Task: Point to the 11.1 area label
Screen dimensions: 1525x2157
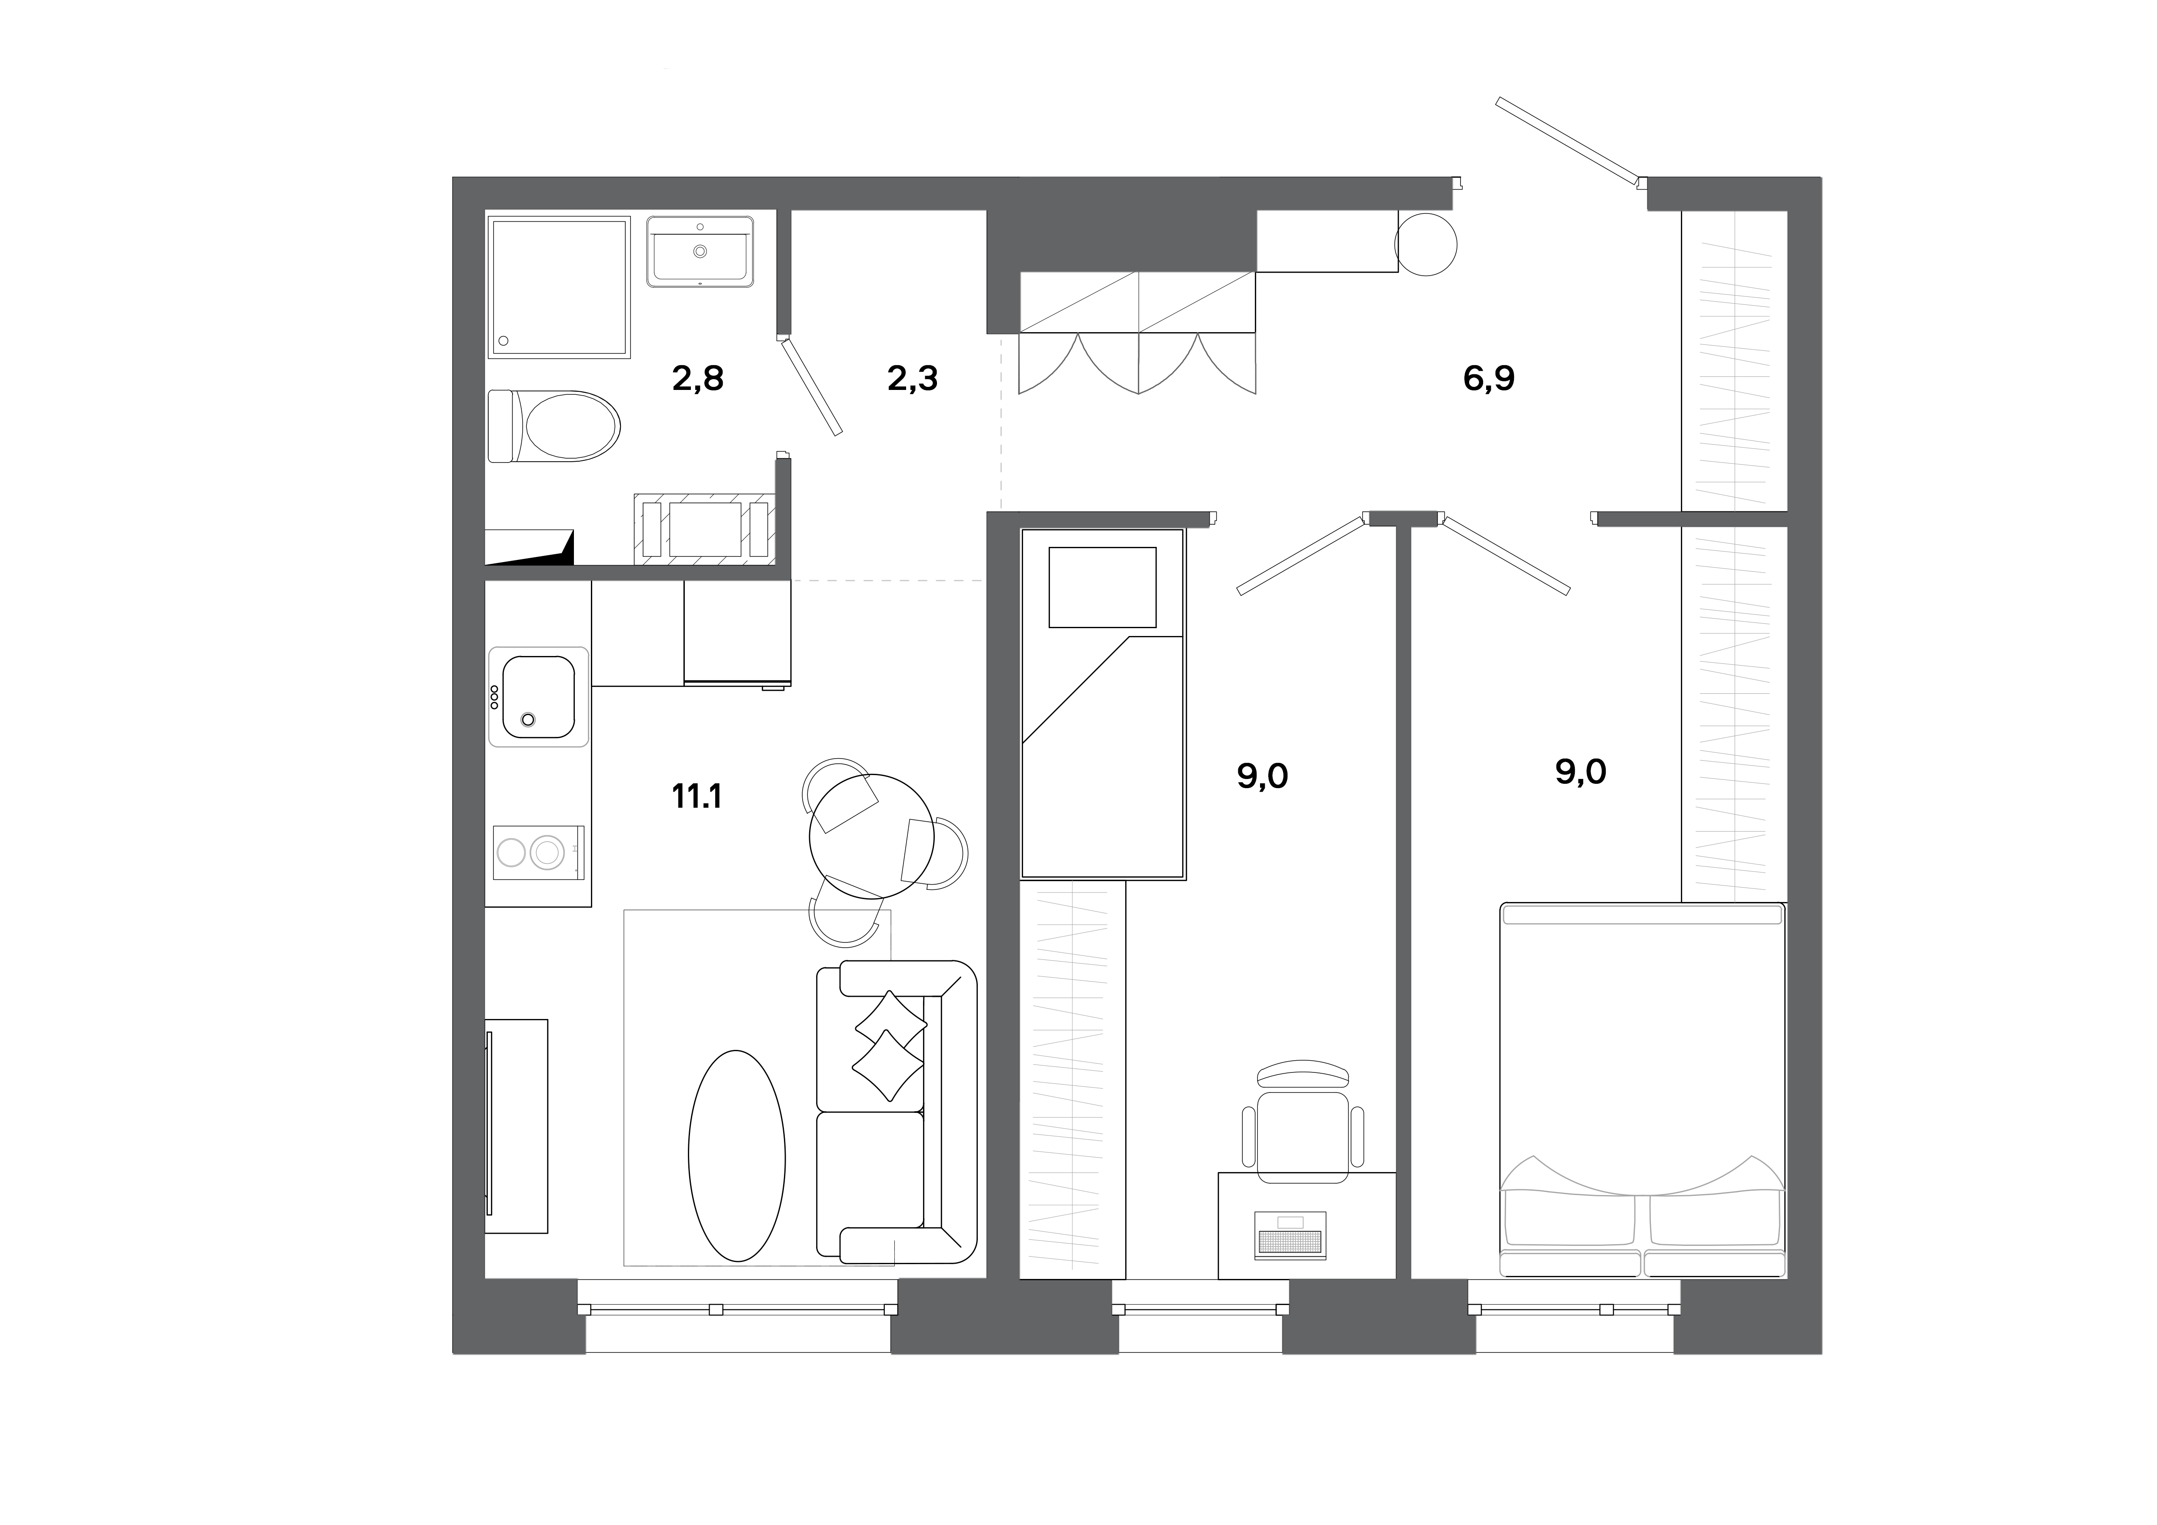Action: (x=696, y=796)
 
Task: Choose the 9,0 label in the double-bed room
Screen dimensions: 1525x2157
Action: (x=1580, y=772)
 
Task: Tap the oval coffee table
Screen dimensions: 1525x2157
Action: (x=737, y=1155)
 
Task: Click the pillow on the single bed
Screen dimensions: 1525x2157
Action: (x=1102, y=587)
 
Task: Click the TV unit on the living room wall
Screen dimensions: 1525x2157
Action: (x=515, y=1125)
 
